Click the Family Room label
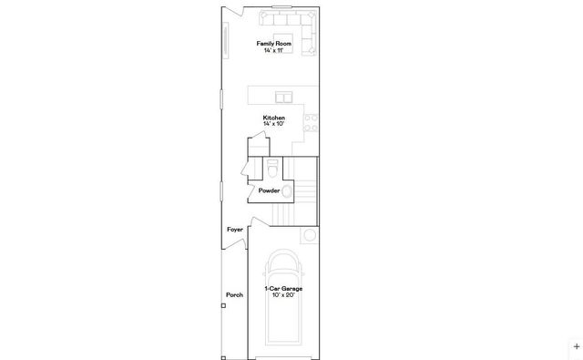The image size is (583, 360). [273, 43]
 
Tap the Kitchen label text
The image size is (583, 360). [273, 118]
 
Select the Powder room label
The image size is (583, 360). [269, 190]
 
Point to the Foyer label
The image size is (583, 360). [235, 230]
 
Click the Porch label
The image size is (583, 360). [234, 295]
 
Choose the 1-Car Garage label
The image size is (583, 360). [283, 289]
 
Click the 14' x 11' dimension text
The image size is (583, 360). [273, 49]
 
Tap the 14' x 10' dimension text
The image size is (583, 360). [273, 124]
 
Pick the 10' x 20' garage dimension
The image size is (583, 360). [283, 295]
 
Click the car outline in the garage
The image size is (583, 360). [283, 314]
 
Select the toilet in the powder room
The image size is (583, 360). [272, 170]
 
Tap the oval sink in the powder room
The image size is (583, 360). [288, 191]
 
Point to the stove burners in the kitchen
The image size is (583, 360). [312, 123]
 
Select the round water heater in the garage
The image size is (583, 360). [310, 236]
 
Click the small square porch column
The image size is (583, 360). [223, 305]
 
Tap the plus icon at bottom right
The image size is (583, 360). [576, 346]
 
